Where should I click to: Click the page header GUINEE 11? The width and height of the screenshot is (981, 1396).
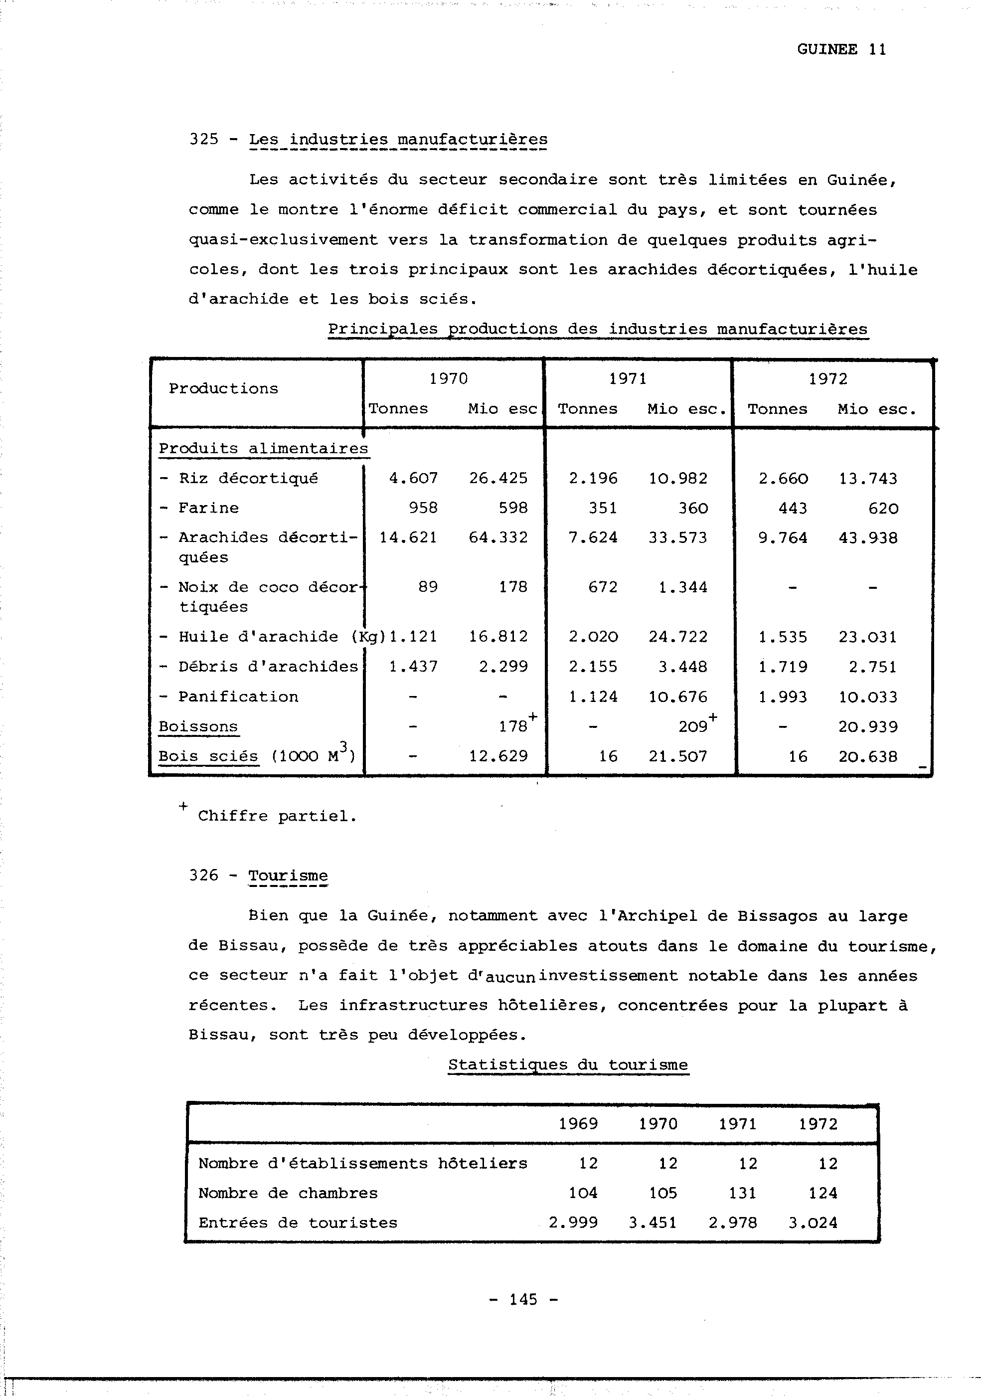pyautogui.click(x=841, y=50)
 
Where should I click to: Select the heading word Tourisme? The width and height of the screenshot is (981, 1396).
pyautogui.click(x=288, y=875)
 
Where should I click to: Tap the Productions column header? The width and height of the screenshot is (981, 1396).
pyautogui.click(x=223, y=388)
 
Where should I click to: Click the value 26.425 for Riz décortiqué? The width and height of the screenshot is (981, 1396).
pyautogui.click(x=498, y=479)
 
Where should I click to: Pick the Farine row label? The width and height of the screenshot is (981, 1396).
pyautogui.click(x=208, y=509)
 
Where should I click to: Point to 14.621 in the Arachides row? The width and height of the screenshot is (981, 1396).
pyautogui.click(x=408, y=538)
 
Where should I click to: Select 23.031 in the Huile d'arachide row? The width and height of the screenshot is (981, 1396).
pyautogui.click(x=867, y=637)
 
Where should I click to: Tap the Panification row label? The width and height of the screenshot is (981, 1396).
pyautogui.click(x=238, y=697)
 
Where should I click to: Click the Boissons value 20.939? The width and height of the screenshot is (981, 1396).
pyautogui.click(x=867, y=726)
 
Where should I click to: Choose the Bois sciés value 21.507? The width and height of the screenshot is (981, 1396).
pyautogui.click(x=678, y=756)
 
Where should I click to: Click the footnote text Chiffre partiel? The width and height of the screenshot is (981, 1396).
pyautogui.click(x=277, y=816)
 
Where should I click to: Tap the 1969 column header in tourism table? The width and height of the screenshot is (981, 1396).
pyautogui.click(x=578, y=1124)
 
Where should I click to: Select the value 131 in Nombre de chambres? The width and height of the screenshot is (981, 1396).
pyautogui.click(x=743, y=1193)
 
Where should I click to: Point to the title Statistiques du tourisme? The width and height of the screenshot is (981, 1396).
pyautogui.click(x=568, y=1064)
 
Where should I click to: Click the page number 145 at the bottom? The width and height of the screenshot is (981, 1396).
pyautogui.click(x=523, y=1299)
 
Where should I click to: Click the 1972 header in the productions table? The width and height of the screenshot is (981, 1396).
pyautogui.click(x=827, y=379)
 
